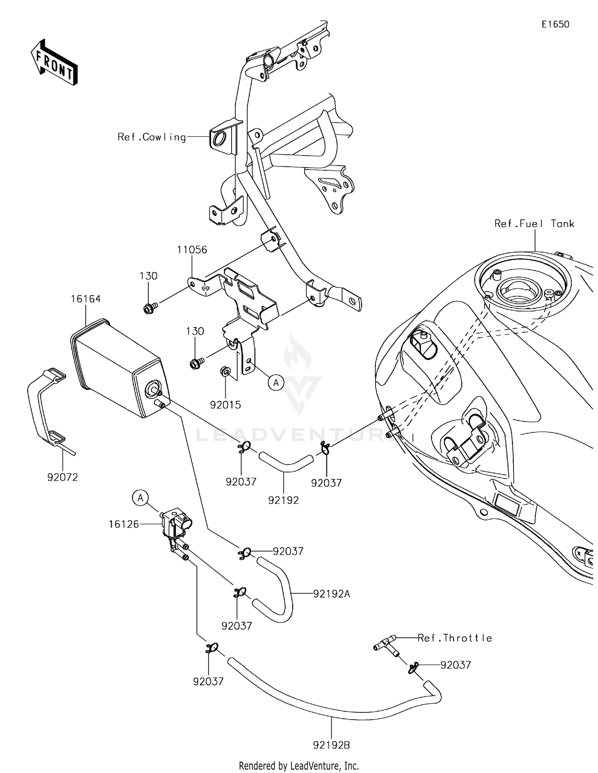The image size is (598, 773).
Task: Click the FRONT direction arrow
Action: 54,63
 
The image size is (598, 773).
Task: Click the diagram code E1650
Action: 555,24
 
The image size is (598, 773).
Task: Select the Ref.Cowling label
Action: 152,137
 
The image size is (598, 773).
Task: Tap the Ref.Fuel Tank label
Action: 534,224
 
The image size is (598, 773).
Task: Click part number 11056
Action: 192,250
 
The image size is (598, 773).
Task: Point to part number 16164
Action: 86,299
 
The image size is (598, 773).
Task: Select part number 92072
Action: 63,477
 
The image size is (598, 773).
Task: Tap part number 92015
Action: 226,405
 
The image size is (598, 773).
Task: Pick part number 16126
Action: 124,524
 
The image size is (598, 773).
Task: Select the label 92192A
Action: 332,594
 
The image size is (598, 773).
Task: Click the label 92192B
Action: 332,745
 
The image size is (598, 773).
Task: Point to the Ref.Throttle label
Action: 455,638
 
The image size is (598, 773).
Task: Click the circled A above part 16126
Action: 140,498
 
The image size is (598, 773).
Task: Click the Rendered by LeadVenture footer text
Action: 299,765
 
